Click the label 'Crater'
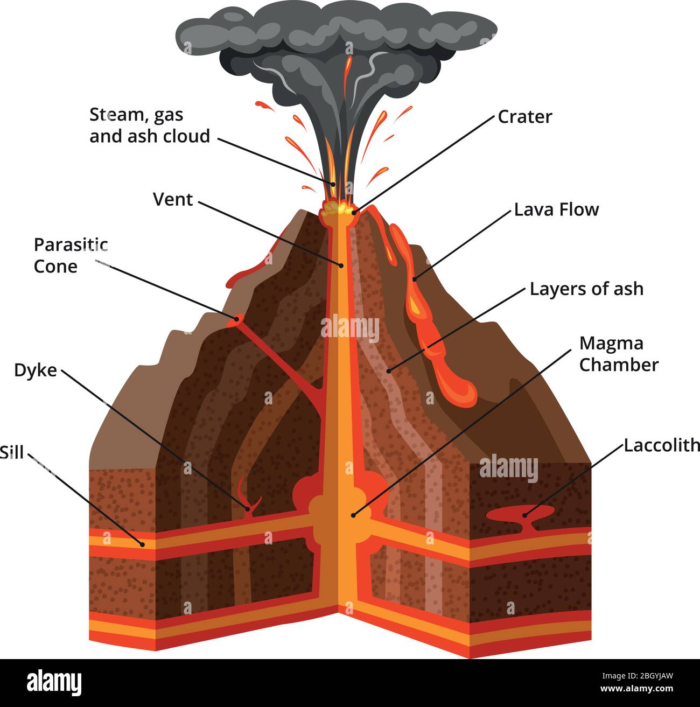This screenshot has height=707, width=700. coord(524,117)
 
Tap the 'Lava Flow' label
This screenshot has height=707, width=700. coord(556,209)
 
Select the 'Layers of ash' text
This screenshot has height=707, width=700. coord(586,289)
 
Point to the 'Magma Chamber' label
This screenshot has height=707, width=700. coord(619,354)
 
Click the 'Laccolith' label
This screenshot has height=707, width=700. coord(662,445)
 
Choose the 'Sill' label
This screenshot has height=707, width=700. coord(12,452)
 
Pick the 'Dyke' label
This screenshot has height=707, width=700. coord(36,370)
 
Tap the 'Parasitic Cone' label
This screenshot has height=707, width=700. coord(71,255)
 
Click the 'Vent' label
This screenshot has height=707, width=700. coord(173,200)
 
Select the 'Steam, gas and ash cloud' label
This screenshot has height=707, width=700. coord(150,125)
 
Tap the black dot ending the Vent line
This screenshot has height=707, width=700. coord(341,265)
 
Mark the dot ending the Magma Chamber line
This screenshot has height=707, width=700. coord(353,515)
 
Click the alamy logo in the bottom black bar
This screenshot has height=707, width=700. coord(54,682)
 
